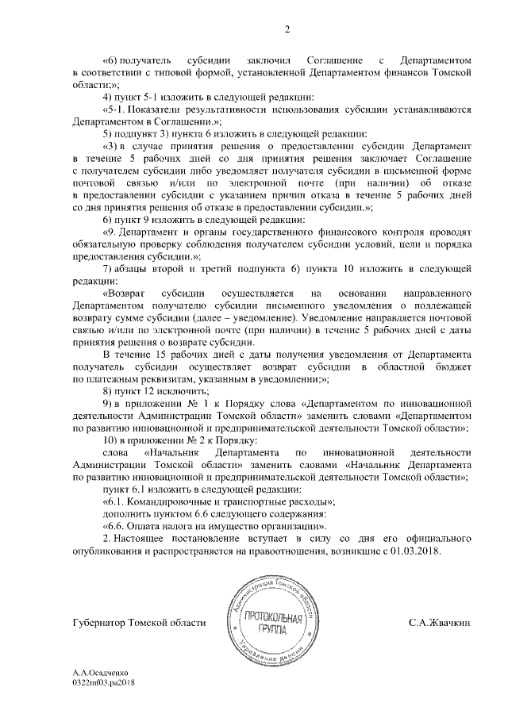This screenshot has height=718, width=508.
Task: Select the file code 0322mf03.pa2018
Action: tap(104, 682)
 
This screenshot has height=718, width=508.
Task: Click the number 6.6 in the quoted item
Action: tap(119, 526)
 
